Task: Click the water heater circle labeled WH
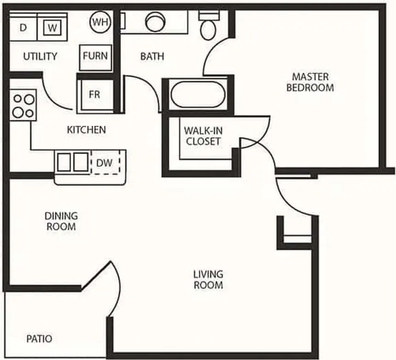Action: (100, 22)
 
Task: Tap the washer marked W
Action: (52, 27)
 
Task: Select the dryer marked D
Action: (23, 27)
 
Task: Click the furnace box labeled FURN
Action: (95, 58)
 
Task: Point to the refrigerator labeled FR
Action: (95, 95)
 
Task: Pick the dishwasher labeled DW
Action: (105, 163)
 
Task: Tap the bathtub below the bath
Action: (198, 94)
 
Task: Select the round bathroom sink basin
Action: (155, 22)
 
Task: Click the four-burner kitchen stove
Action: (23, 105)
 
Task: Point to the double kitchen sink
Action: (73, 162)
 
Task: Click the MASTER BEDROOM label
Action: (310, 82)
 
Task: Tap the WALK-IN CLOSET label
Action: (204, 136)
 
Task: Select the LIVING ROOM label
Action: (208, 280)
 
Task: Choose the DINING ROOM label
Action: (61, 221)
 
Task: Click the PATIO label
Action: (40, 339)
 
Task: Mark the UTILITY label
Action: (40, 56)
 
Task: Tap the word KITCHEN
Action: (87, 130)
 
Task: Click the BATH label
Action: (152, 56)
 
